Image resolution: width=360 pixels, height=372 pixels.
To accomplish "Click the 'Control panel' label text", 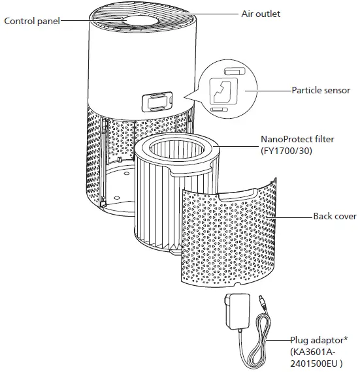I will point(32,21).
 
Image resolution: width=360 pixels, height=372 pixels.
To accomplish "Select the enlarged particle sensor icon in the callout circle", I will point(224,91).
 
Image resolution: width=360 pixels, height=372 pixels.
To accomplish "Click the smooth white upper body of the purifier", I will point(118,72).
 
